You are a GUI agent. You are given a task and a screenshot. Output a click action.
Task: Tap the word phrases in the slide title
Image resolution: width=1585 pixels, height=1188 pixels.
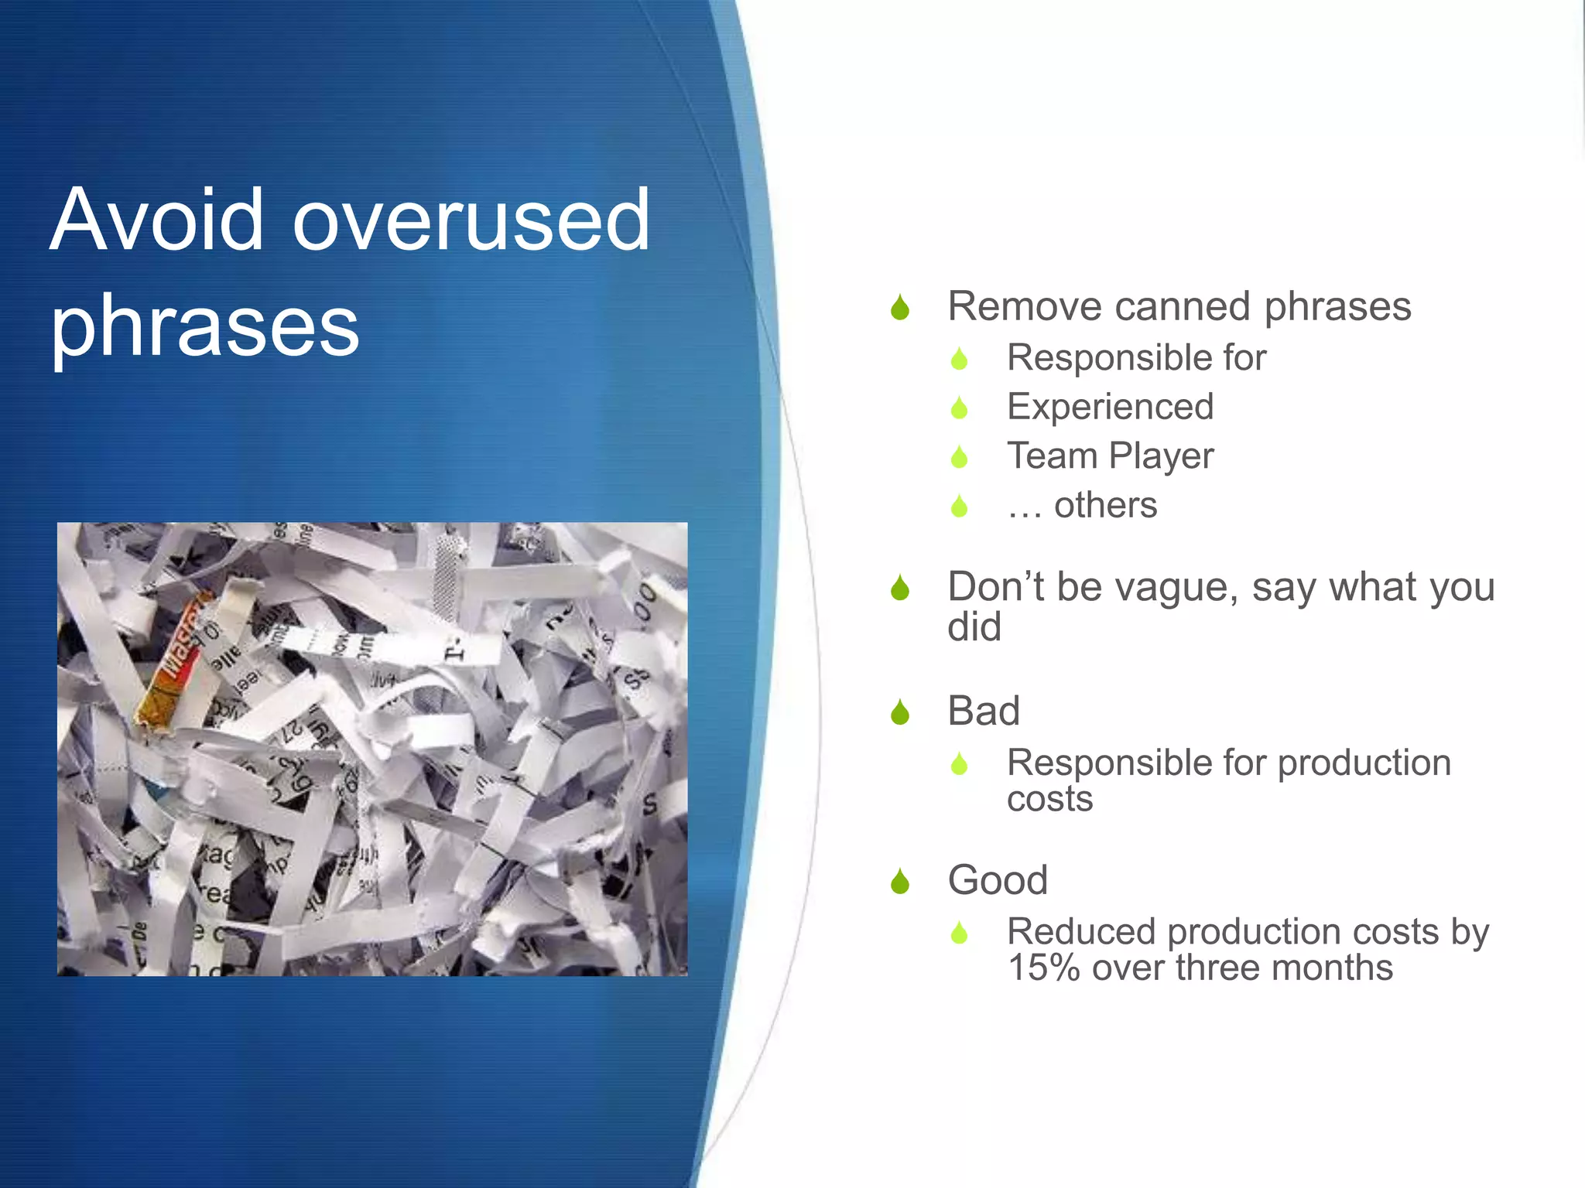coord(205,326)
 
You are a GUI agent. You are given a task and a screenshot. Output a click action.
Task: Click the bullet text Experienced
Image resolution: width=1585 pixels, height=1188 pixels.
coord(1110,407)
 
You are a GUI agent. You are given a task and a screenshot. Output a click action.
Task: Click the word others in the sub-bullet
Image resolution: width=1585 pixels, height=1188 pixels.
coord(1105,505)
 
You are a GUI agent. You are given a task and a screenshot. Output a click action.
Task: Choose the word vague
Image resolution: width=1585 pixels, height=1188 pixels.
coord(1170,588)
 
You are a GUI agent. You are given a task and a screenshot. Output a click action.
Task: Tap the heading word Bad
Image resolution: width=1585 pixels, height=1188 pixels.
coord(984,711)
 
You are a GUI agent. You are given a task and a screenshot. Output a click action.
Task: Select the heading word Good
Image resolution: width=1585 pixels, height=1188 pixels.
coord(998,880)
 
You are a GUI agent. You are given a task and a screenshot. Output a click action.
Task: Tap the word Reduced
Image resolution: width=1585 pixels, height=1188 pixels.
coord(1081,932)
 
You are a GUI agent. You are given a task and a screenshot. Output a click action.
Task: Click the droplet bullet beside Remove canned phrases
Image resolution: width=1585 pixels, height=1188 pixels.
coord(899,308)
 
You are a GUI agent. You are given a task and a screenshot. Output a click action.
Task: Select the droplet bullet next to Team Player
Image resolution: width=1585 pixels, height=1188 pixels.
coord(959,457)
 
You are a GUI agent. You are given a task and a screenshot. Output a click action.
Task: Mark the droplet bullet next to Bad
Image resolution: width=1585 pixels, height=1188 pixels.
coord(899,712)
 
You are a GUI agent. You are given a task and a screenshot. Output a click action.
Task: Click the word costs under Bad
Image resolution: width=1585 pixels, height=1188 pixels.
coord(1049,799)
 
